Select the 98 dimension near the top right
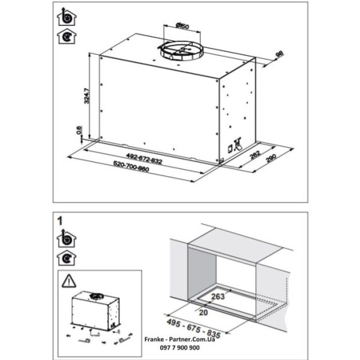click(279, 54)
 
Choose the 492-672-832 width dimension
click(144, 158)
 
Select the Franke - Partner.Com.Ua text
click(179, 340)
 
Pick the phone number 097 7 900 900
click(179, 347)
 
